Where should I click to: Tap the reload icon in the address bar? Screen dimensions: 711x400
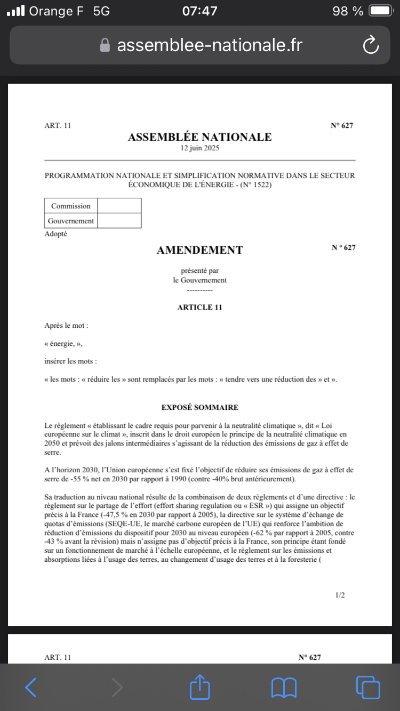pos(370,45)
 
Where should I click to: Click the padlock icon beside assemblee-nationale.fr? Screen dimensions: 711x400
pos(105,45)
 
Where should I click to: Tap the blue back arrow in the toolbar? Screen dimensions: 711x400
pos(31,687)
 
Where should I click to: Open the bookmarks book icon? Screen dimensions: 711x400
pos(284,687)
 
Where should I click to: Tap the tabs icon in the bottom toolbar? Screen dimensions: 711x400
pos(367,687)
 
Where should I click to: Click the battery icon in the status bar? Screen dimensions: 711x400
pos(380,11)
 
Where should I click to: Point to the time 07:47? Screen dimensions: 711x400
pos(199,11)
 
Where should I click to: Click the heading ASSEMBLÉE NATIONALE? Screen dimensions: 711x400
pos(199,137)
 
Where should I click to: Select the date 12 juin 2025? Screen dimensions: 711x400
pos(199,148)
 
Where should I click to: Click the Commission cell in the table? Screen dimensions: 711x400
pos(71,206)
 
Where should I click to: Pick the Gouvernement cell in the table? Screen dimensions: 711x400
pos(71,221)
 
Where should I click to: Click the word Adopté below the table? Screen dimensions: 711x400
pos(56,233)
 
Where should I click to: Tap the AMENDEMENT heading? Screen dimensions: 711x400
pos(199,250)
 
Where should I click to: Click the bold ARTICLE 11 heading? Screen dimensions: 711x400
pos(199,307)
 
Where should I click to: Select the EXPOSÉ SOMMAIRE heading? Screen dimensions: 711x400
pos(199,407)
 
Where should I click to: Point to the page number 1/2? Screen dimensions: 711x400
pos(340,595)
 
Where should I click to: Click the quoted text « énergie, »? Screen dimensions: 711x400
pos(63,343)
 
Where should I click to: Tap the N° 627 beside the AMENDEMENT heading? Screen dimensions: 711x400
pos(343,247)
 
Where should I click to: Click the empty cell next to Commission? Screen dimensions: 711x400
pos(119,206)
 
